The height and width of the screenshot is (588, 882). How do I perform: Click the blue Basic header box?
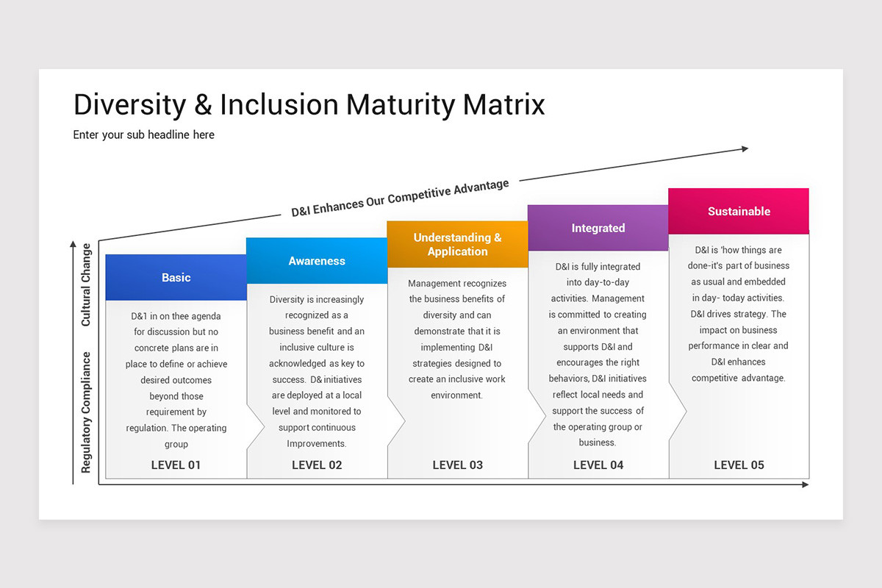[x=176, y=277]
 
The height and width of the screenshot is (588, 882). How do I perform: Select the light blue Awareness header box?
[x=317, y=261]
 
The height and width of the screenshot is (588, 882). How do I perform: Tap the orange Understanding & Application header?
[x=457, y=244]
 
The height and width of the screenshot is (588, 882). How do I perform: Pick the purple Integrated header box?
[x=598, y=228]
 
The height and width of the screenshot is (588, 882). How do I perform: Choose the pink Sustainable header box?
[x=739, y=211]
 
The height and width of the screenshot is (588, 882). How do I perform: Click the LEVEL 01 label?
[x=176, y=465]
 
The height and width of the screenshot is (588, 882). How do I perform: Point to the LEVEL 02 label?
[x=317, y=465]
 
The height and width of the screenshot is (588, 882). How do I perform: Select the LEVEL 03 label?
[x=457, y=465]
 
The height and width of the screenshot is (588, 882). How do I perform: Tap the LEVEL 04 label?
[x=598, y=465]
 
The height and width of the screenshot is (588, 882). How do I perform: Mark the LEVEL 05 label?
[x=739, y=465]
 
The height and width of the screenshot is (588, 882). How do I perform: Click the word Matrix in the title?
[x=504, y=105]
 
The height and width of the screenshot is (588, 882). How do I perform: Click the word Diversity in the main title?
[x=129, y=105]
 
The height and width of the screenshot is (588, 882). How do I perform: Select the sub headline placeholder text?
[x=144, y=135]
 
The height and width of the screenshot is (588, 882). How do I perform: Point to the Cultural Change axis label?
[x=86, y=284]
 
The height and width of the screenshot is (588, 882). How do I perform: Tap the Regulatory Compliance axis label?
[x=86, y=412]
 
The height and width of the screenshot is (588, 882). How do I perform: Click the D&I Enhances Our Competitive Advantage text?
[x=401, y=198]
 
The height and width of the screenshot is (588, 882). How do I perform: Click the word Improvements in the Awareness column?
[x=317, y=443]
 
